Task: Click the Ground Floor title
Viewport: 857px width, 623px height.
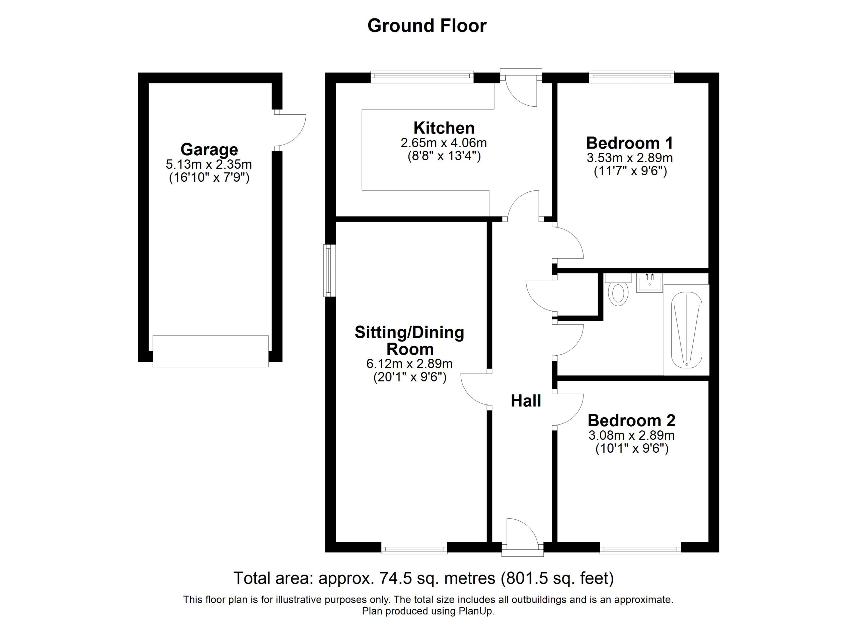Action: pos(427,26)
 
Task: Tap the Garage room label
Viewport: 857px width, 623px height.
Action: pos(209,150)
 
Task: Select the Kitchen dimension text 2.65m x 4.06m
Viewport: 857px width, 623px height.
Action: pos(444,143)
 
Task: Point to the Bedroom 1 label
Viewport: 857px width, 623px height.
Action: pos(629,143)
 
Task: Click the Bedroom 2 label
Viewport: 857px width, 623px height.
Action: pos(631,420)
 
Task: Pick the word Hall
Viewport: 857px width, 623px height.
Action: pos(526,401)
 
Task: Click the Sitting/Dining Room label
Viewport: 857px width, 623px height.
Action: pos(410,341)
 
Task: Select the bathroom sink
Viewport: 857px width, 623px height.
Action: pos(649,283)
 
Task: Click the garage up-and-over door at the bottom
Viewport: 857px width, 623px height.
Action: pos(211,351)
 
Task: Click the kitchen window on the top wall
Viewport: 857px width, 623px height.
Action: pos(422,77)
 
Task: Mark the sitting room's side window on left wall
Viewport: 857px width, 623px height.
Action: pos(329,270)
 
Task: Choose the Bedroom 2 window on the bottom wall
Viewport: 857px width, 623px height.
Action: pos(640,547)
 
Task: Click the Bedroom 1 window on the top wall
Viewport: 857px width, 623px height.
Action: pos(631,77)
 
